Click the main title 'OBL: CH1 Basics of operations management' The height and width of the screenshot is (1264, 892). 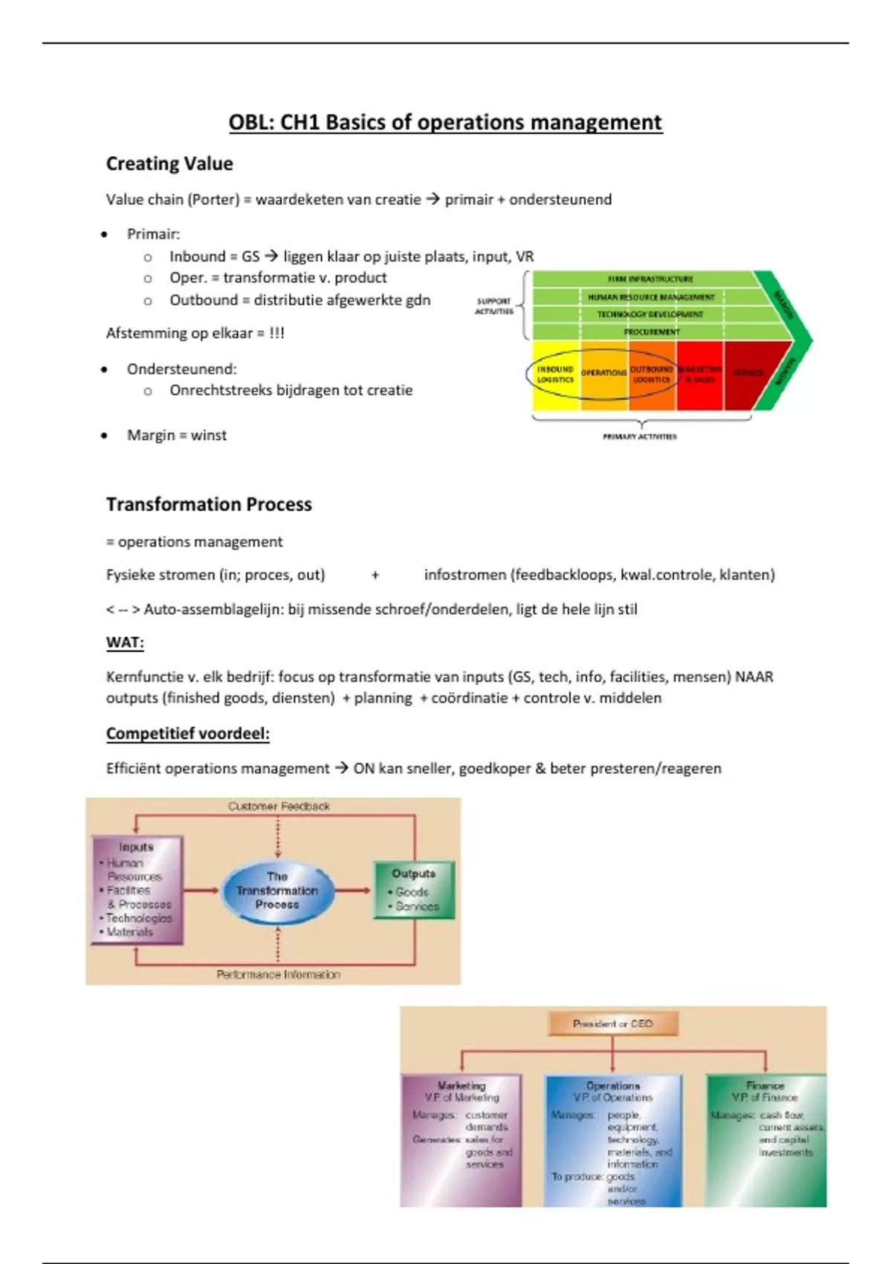pos(445,123)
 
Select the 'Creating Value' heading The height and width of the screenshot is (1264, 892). pos(169,164)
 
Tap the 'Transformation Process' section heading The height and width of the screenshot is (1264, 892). pos(209,504)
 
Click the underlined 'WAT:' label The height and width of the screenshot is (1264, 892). pos(125,642)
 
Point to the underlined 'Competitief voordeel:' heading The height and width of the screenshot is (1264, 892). pos(187,734)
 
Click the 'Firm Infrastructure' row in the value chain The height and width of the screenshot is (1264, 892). pos(650,279)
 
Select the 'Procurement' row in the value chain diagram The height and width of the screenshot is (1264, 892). pos(650,332)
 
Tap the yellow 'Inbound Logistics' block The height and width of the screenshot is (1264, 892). pos(555,375)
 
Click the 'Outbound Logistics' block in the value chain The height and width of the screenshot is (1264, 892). pos(652,375)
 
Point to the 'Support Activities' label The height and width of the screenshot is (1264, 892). pos(494,306)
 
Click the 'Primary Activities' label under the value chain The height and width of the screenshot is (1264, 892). pos(639,436)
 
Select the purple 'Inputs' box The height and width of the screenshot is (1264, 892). pos(137,890)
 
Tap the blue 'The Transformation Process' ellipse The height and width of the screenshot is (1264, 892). pos(277,891)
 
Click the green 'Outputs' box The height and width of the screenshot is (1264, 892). pos(413,890)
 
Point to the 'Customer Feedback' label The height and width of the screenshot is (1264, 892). pos(279,806)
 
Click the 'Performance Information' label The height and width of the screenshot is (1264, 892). pos(278,974)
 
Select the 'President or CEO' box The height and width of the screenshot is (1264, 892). pos(613,1024)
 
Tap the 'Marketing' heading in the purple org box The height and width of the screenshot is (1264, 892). pos(461,1086)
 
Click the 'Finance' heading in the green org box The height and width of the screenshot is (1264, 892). pos(765,1086)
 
